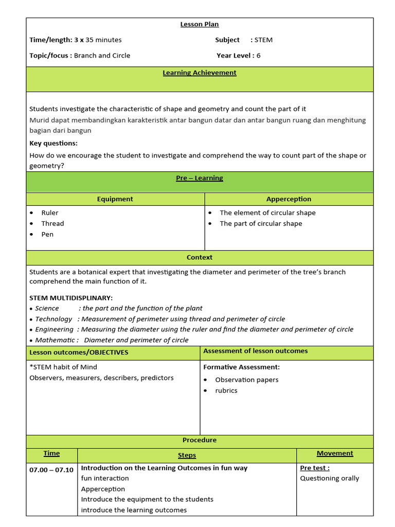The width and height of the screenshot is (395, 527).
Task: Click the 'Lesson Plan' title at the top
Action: tap(199, 24)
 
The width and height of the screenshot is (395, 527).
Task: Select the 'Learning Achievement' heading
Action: tap(200, 73)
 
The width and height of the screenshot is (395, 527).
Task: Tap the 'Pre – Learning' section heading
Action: tap(200, 178)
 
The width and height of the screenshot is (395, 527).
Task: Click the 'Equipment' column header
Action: tap(115, 199)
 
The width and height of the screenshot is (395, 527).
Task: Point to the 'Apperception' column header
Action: tap(289, 199)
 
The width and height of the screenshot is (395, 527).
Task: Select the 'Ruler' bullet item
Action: tap(50, 213)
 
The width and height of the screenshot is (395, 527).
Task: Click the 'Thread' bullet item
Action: tap(52, 223)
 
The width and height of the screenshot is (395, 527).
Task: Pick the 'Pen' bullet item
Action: tap(47, 234)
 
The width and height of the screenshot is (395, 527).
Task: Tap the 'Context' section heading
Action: tap(200, 257)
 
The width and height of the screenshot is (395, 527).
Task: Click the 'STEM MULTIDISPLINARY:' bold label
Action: tap(71, 298)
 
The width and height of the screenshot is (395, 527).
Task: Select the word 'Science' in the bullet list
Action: tap(47, 308)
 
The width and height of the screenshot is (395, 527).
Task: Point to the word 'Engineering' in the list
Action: tap(54, 329)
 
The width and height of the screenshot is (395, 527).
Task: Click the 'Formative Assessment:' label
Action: tap(241, 367)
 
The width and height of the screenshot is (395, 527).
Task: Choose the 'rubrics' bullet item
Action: tap(226, 391)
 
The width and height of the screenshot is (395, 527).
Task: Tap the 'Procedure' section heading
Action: tap(200, 441)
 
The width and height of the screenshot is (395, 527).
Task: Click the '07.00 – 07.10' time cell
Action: tap(51, 470)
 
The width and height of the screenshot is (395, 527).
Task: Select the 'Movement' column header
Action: tap(335, 453)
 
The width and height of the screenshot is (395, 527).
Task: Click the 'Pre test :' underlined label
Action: tap(315, 468)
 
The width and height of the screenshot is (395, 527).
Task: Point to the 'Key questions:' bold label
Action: tap(53, 143)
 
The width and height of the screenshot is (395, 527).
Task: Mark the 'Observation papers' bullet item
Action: tap(246, 380)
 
